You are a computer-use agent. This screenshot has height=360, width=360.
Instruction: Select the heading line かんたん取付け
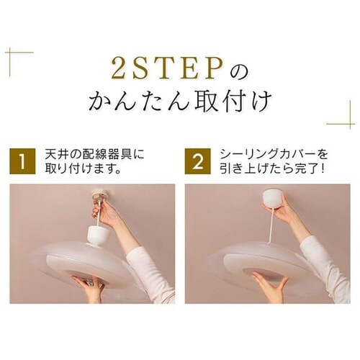point(179,101)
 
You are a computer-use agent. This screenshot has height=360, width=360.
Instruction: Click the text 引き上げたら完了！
point(271,171)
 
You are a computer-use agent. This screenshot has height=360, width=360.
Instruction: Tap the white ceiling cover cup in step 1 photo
point(97,234)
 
